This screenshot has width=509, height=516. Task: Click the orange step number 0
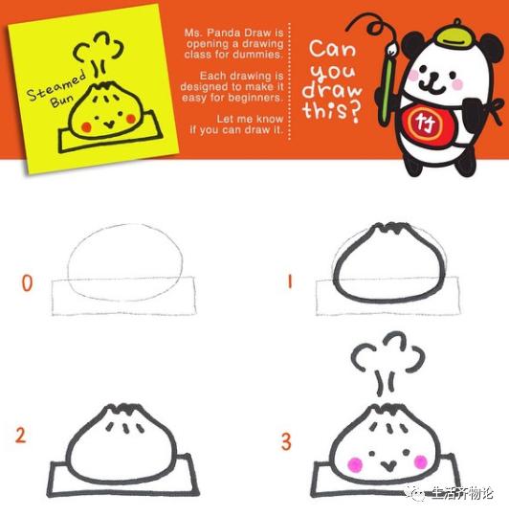(28, 283)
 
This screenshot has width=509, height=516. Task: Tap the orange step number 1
(290, 282)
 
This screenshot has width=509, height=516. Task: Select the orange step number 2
(20, 435)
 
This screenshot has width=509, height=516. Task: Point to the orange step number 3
(286, 441)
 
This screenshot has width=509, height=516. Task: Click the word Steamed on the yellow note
(56, 85)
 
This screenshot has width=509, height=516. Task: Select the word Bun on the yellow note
(62, 100)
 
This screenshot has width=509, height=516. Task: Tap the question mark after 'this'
(354, 112)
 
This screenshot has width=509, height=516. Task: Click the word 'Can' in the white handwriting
(332, 50)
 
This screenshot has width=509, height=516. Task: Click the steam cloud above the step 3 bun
(388, 354)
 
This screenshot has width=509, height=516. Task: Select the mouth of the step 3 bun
(387, 465)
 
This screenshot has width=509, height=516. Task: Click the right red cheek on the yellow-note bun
(131, 119)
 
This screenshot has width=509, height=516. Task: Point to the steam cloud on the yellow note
(99, 48)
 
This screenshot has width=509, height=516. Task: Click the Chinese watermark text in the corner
(460, 493)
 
